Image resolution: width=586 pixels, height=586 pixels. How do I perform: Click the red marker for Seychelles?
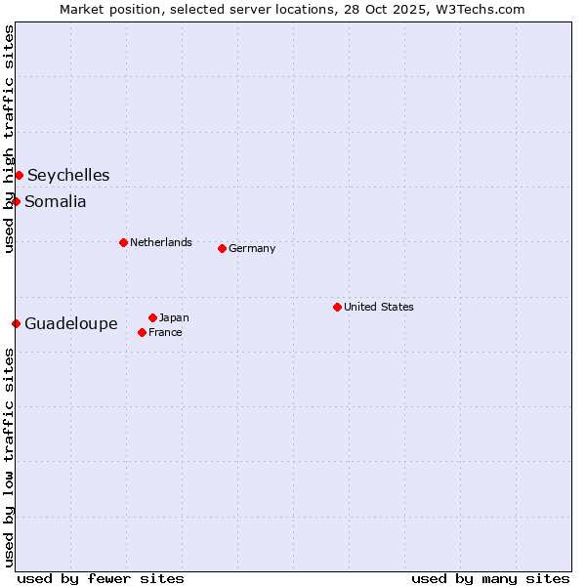(x=19, y=175)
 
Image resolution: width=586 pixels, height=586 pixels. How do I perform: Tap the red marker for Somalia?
(x=16, y=201)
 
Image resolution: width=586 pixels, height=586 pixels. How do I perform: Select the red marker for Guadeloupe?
(x=16, y=323)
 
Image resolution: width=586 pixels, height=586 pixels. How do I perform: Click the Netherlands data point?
(x=123, y=242)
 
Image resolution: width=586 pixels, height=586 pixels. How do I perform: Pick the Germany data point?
(x=222, y=248)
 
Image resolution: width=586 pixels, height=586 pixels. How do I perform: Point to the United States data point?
(x=337, y=307)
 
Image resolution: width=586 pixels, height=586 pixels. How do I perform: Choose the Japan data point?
(x=152, y=317)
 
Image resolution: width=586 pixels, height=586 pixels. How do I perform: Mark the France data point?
(x=142, y=332)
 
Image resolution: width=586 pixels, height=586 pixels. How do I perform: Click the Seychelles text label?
(x=68, y=176)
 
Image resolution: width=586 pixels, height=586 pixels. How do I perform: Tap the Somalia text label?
(x=56, y=202)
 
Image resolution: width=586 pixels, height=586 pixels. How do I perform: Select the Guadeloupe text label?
(x=71, y=324)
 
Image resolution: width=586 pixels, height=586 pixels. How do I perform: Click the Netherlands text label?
(x=161, y=242)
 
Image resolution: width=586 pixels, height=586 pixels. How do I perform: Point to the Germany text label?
(x=252, y=248)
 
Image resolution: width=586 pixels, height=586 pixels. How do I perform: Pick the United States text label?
(x=379, y=307)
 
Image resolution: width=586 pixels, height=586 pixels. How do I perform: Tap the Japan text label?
(x=174, y=317)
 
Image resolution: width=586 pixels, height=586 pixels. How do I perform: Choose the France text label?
(x=165, y=332)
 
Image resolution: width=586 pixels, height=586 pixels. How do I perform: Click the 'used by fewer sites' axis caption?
(x=101, y=578)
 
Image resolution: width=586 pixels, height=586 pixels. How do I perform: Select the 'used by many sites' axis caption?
(x=490, y=578)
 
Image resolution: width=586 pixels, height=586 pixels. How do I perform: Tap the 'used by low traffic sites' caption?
(x=9, y=457)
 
